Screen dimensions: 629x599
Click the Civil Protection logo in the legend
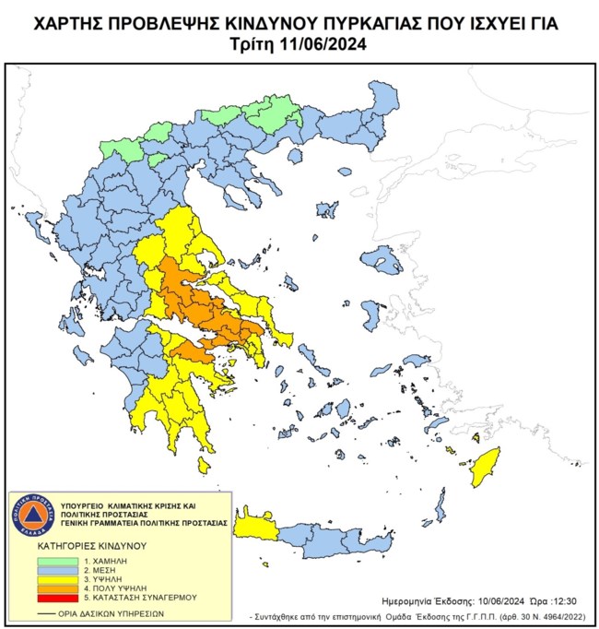(x=34, y=514)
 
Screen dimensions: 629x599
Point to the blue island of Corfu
(x=34, y=222)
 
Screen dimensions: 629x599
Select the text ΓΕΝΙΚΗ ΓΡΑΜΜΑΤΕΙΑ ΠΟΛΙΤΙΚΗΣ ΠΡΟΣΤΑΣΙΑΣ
(x=143, y=521)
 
